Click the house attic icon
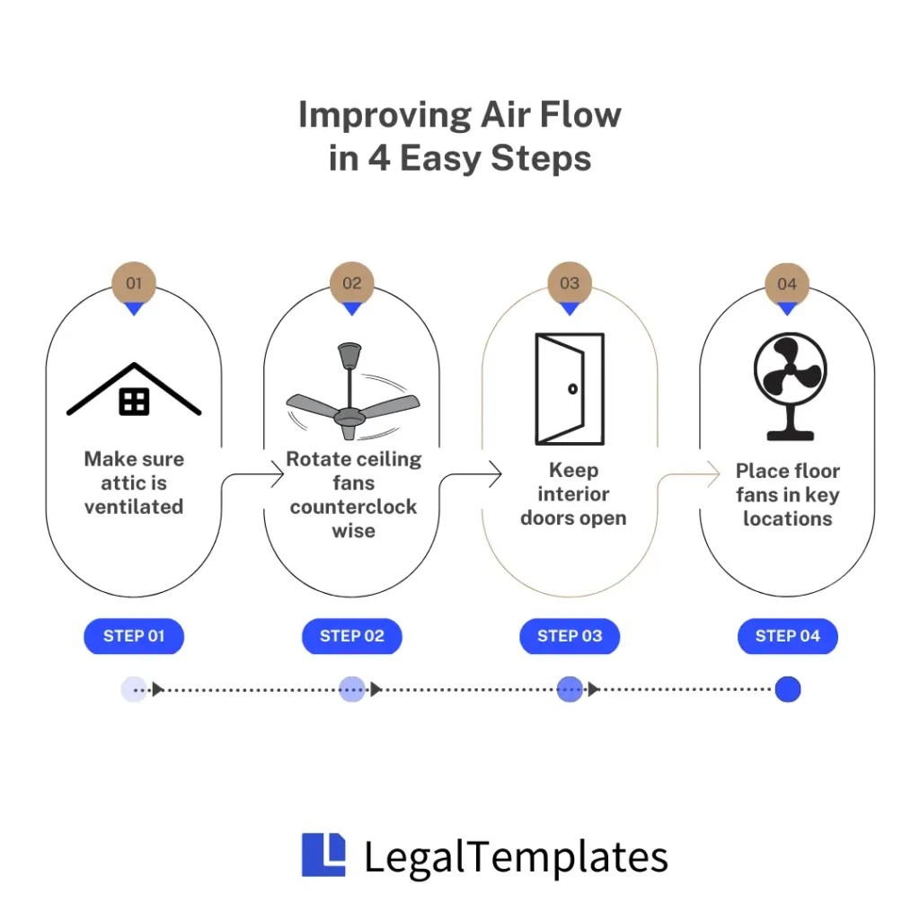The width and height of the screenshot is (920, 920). coord(134,391)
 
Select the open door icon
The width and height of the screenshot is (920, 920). coord(570,389)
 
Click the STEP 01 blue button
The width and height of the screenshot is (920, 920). coord(134,636)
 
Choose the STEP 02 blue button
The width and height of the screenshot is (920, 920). coord(352,636)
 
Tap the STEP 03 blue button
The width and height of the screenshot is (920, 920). coord(570,636)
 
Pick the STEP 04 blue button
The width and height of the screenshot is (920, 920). coord(788,636)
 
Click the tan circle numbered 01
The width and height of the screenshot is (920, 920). coord(134,283)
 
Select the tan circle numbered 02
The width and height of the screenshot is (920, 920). coord(352,283)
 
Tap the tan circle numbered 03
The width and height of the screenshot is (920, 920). coord(570,283)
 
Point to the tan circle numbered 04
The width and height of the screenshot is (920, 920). coord(787,284)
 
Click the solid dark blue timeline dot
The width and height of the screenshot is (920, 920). coord(788,689)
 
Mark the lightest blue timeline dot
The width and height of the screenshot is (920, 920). coord(134,689)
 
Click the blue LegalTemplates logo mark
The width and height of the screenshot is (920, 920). coord(323,854)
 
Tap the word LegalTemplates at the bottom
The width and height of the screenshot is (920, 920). coord(516,856)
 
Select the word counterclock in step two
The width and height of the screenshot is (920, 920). coord(353,507)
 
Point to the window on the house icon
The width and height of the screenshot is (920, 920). coord(134,402)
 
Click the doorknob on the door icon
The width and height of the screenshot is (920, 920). coord(572,389)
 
